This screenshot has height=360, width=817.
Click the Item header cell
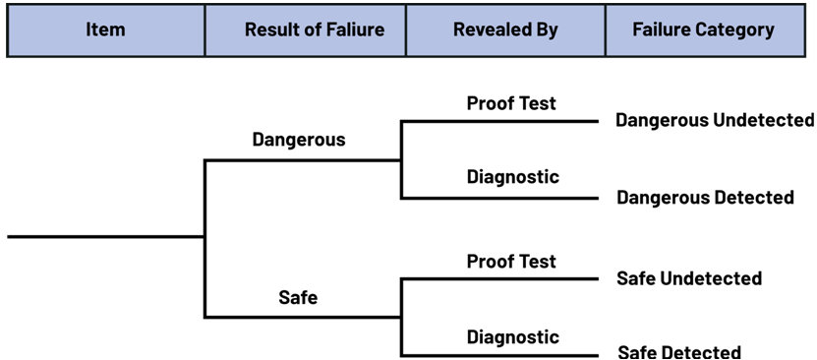[106, 30]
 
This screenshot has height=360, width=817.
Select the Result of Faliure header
[306, 30]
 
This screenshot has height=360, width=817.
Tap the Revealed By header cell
[505, 30]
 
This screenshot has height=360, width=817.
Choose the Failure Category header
[703, 30]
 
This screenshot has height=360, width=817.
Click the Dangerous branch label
[299, 140]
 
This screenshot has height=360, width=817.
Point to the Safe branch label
[298, 297]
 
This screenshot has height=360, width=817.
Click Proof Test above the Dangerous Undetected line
[511, 103]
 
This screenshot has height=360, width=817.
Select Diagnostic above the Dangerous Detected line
[512, 177]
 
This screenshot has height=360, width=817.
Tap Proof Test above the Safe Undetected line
[511, 261]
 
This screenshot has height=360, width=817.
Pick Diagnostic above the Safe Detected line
[512, 336]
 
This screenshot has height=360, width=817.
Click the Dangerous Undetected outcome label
[715, 120]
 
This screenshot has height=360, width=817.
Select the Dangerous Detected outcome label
[706, 198]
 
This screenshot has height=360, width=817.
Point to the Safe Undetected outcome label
[689, 278]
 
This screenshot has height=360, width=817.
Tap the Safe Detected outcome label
[679, 352]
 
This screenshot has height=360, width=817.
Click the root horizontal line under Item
[106, 237]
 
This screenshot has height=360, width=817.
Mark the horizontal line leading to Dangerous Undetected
[499, 121]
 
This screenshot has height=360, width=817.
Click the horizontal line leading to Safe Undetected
[499, 278]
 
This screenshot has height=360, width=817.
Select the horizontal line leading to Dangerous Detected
[499, 199]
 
